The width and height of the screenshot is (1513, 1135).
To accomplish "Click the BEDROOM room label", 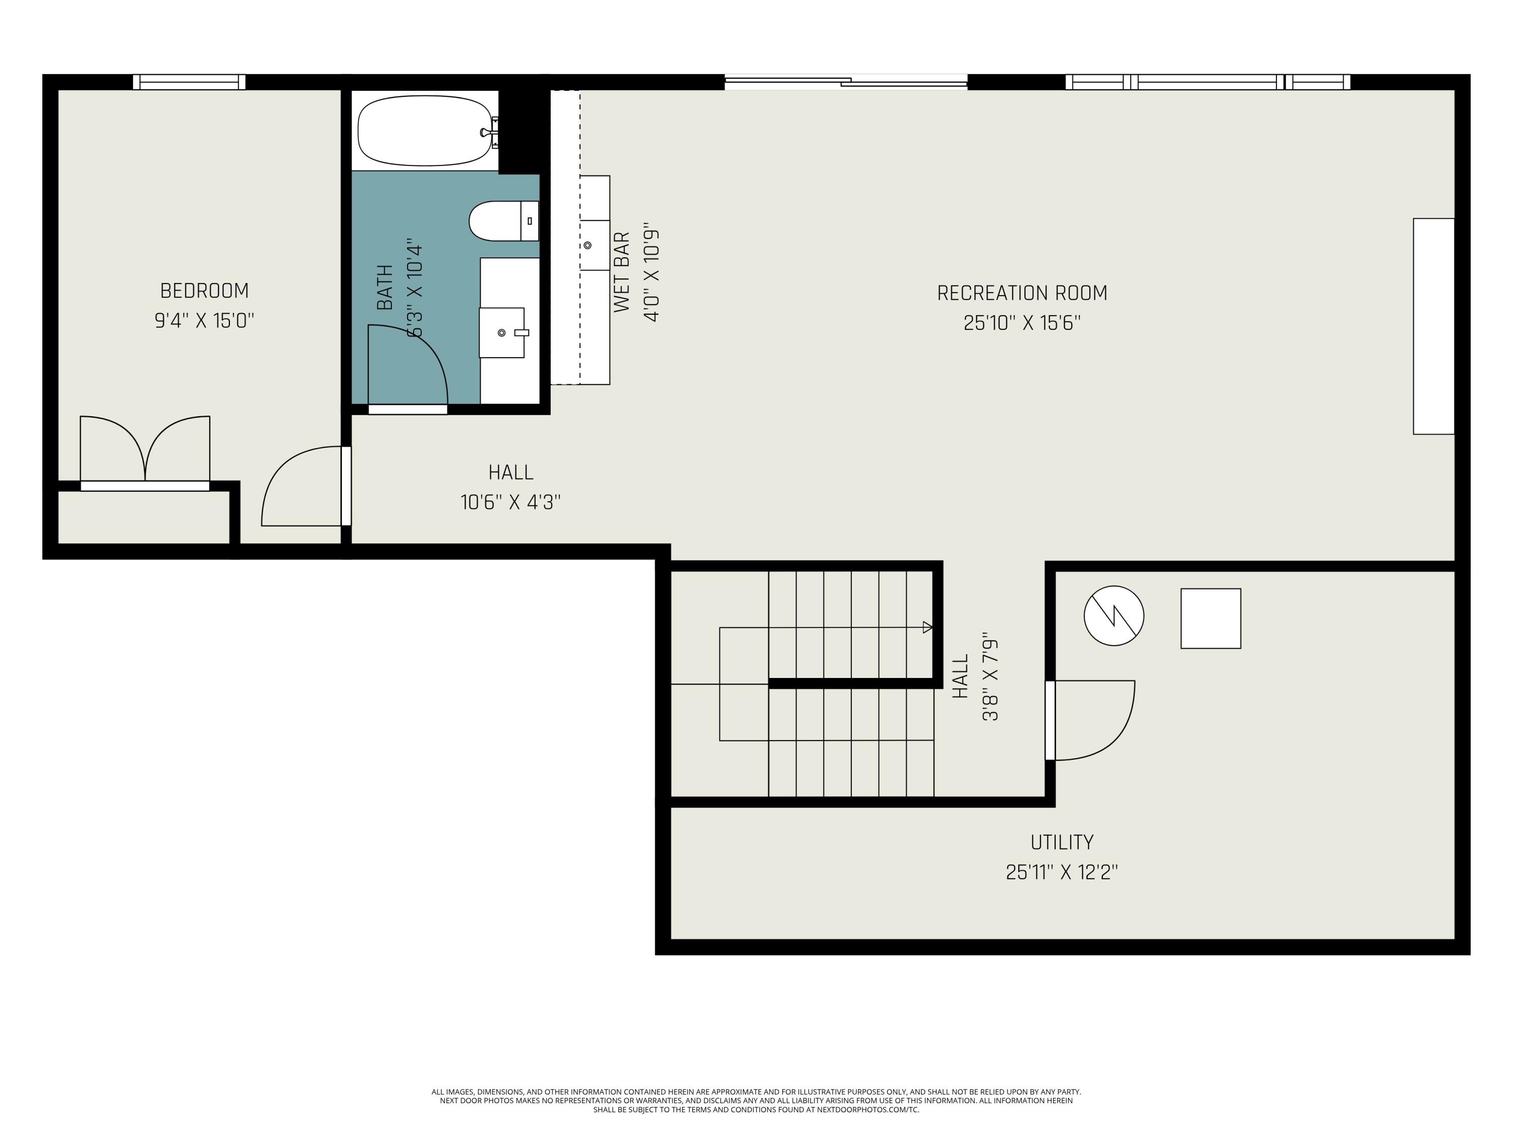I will coord(204,291).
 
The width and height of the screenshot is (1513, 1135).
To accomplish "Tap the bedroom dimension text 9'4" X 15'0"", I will coord(204,320).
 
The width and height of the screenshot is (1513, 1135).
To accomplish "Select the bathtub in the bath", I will coord(424,131).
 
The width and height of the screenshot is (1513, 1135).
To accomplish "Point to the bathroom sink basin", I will coord(501,332).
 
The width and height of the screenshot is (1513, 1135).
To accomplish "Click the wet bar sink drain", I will coord(588,245).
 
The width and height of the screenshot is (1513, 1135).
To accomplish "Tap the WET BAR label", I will coord(621,272).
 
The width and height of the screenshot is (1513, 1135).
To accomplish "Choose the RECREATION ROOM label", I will coord(1022,293).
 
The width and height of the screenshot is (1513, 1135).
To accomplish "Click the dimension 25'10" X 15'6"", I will coord(1022,323).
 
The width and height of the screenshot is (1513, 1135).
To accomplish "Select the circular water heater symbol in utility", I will coord(1114,615).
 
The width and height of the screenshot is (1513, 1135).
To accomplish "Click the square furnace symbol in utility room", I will coord(1211,618).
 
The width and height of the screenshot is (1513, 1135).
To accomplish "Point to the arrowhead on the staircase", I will coord(927,628).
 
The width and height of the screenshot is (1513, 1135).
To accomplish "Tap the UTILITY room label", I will coord(1062,841).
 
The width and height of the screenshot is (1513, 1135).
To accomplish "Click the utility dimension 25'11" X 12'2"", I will coord(1062,872).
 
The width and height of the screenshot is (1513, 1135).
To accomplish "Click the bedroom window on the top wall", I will coord(189,82).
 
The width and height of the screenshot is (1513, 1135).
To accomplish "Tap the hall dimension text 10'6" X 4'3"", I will coord(510,502).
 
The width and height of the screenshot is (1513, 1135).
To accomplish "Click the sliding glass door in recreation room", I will coord(846,82).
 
